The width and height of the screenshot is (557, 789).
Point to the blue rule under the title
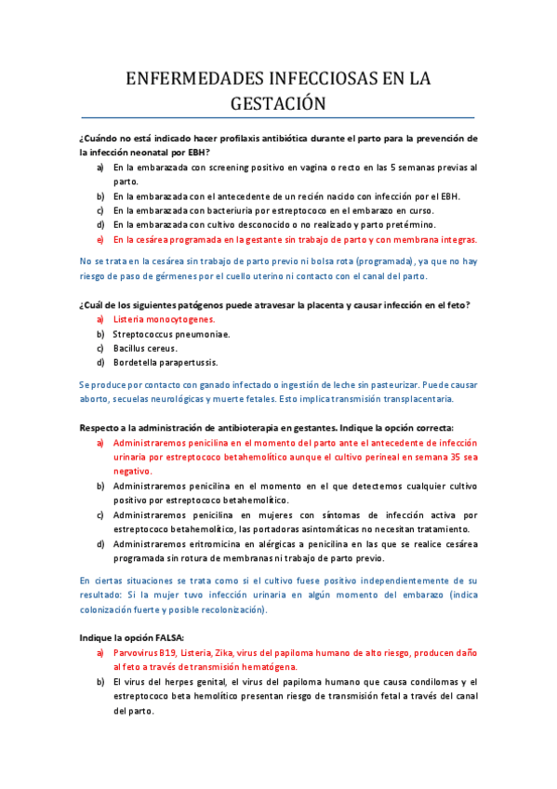coord(278,118)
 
